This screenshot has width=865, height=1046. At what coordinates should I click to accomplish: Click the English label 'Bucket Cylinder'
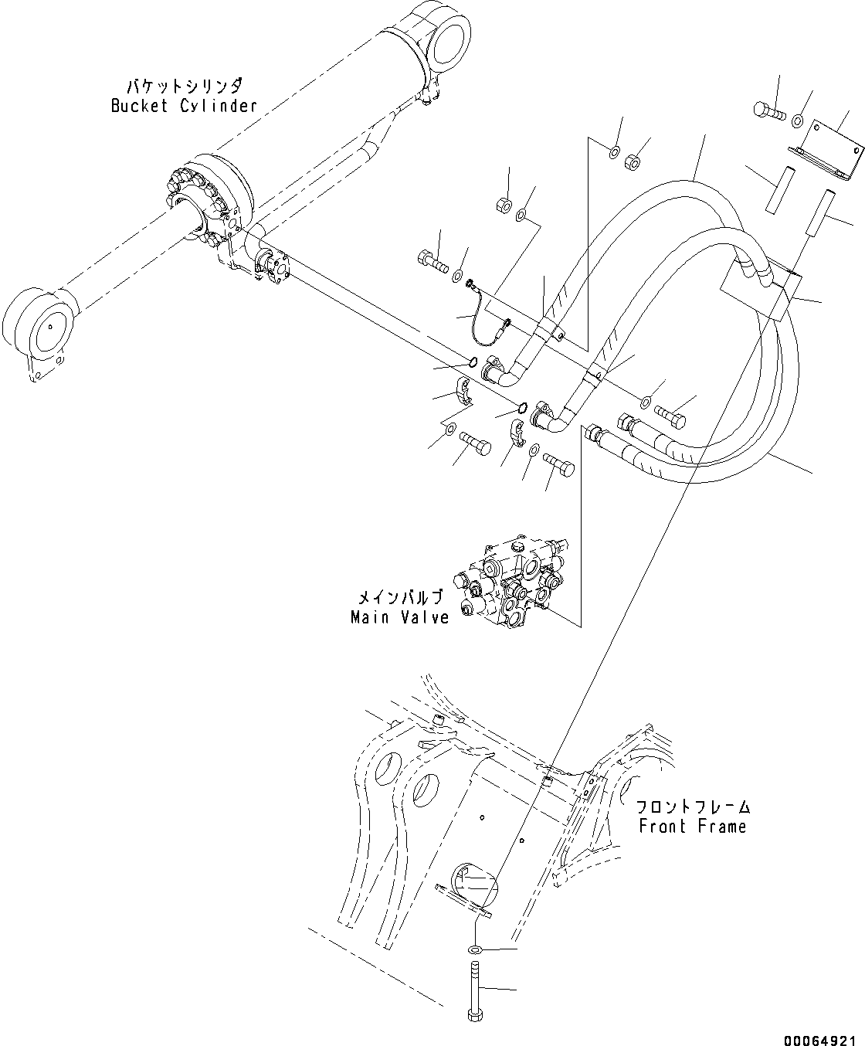(x=183, y=106)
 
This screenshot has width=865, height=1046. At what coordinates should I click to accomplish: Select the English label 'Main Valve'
(x=399, y=617)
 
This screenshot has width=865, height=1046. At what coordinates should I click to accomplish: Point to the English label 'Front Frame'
(x=692, y=826)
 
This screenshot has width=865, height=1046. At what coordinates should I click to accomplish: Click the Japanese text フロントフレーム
(x=693, y=807)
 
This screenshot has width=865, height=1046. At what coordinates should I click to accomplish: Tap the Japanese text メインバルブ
(x=400, y=598)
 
